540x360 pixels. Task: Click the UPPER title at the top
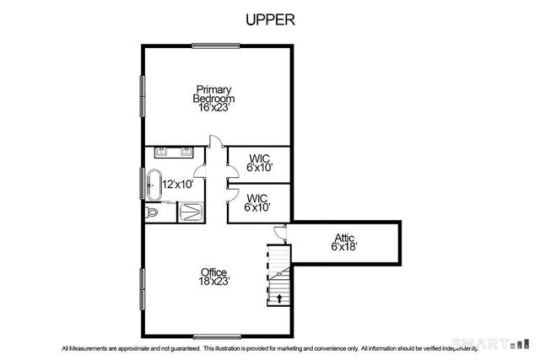(269, 19)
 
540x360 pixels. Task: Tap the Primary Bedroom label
(214, 98)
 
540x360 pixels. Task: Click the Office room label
(214, 277)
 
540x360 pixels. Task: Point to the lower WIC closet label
(257, 202)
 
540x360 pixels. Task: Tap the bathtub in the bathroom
(154, 185)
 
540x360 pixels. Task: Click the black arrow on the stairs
(279, 298)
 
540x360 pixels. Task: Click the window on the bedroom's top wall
(214, 46)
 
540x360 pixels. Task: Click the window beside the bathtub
(141, 185)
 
